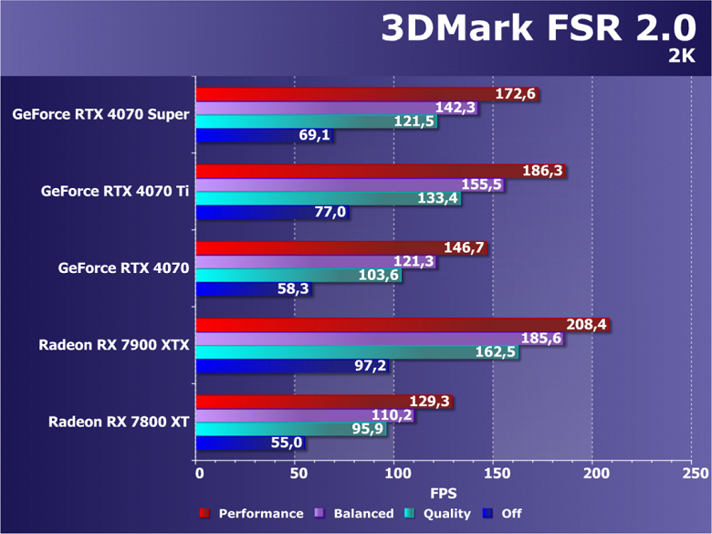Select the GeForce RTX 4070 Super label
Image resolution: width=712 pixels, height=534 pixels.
(x=101, y=115)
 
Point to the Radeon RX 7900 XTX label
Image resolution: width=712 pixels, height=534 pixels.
(x=114, y=345)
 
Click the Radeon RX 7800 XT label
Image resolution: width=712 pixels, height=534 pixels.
(x=119, y=422)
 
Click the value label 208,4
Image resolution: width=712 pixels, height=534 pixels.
(x=588, y=324)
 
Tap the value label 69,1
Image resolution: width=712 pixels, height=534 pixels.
(x=314, y=136)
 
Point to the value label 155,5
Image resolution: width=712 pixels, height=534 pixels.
(x=484, y=184)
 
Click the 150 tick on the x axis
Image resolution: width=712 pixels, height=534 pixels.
(x=495, y=475)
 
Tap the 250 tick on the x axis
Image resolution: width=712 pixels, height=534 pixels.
(x=693, y=475)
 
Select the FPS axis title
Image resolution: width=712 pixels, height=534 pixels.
(x=445, y=494)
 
